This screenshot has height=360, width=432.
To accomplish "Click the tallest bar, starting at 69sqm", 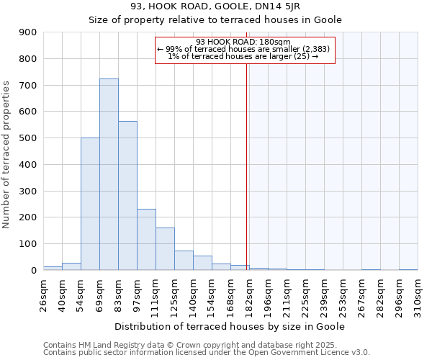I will pos(109,174).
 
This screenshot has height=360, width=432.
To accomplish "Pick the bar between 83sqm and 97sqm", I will pos(127,195).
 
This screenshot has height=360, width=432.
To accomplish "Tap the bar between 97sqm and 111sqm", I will pos(146,239).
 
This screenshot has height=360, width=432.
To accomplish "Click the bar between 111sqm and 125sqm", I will pos(165,248).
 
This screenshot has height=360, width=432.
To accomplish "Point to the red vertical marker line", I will pos(247,166).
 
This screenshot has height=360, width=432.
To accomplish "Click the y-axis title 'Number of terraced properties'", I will pos(8,154).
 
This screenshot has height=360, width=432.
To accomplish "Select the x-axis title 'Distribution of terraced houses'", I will pos(230,326).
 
